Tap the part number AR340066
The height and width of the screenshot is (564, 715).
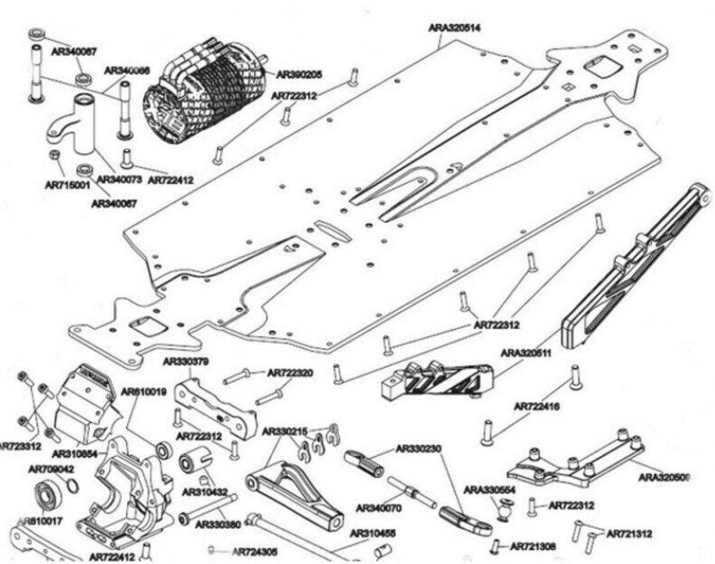click(128, 70)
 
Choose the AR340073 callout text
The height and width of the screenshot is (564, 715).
click(118, 179)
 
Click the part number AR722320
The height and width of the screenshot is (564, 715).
click(291, 373)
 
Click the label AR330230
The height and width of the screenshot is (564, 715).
click(419, 448)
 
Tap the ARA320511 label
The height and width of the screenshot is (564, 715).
click(527, 353)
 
